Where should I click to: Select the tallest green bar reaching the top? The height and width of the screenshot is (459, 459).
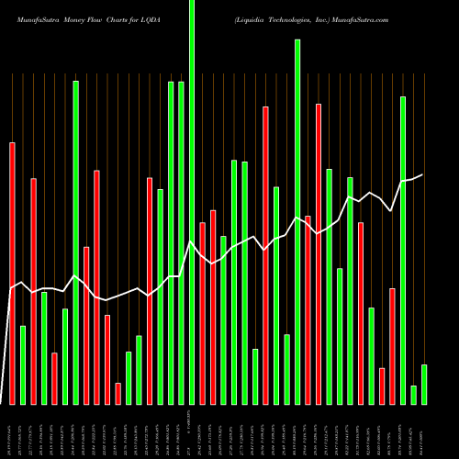[x=192, y=202]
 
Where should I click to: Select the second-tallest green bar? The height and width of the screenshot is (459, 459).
[x=297, y=221]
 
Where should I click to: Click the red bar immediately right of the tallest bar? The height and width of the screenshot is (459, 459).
[x=202, y=313]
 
